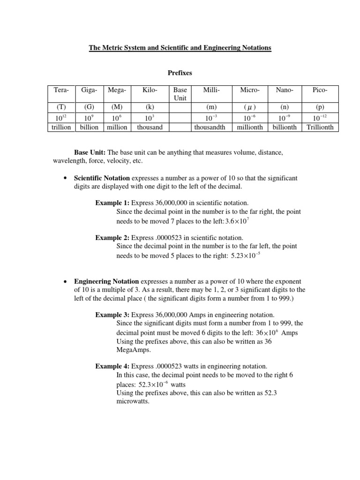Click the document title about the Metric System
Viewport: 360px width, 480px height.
coord(180,48)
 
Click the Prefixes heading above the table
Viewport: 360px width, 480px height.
coord(180,74)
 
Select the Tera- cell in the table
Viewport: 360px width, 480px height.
coord(60,89)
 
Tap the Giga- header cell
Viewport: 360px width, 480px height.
coord(89,89)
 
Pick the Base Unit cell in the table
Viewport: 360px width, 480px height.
coord(180,93)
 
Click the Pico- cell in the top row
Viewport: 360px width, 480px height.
coord(320,89)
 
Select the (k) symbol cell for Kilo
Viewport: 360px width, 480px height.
coord(150,106)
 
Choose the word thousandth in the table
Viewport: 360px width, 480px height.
coord(210,127)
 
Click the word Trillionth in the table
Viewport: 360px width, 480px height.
coord(320,127)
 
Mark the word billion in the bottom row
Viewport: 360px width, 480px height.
coord(89,127)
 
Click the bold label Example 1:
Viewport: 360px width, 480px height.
coord(112,203)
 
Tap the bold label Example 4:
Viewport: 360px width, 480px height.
coord(112,366)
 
